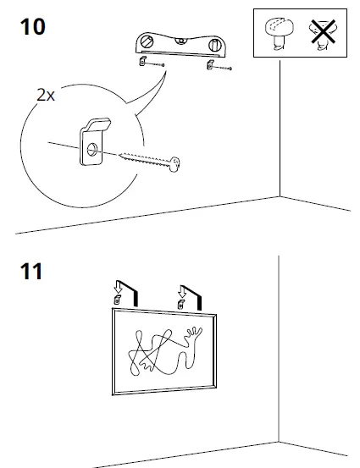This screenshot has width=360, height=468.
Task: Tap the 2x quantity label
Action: pyautogui.click(x=46, y=96)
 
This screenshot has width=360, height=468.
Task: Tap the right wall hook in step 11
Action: pyautogui.click(x=180, y=305)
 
